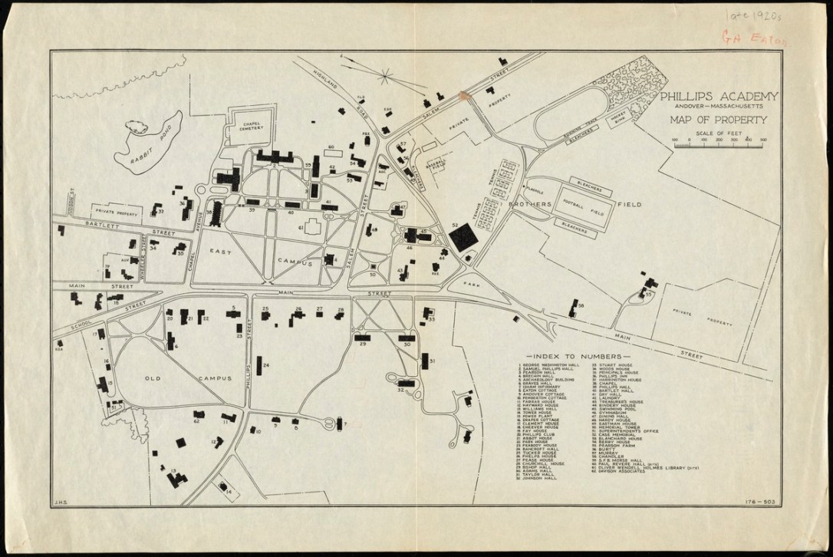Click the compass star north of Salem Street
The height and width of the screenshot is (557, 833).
(x=385, y=75)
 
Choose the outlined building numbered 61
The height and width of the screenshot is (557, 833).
(x=311, y=228)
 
